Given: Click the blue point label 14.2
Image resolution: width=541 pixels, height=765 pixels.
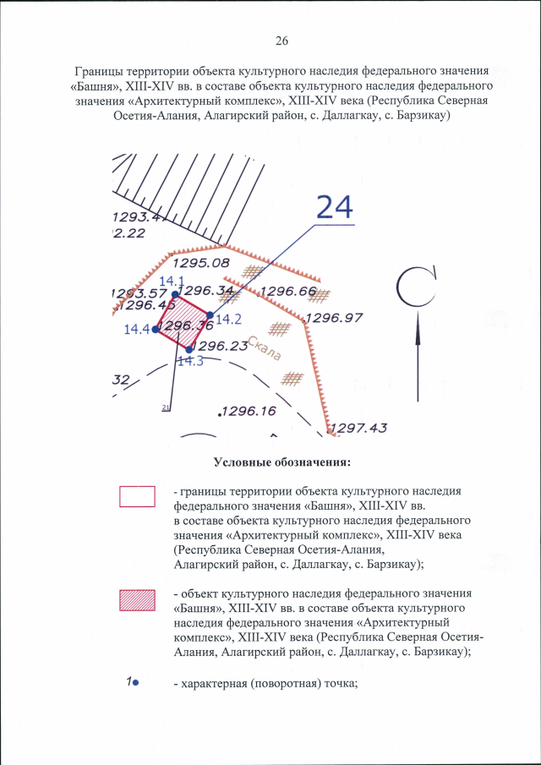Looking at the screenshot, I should (229, 320).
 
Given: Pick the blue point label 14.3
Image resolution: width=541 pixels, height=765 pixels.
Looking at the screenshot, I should (189, 361).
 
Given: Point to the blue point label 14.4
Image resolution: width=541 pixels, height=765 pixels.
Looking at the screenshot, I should (136, 330).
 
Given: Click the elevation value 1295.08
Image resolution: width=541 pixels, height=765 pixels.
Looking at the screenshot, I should (202, 264).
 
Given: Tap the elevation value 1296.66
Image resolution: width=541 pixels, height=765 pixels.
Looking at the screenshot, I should (287, 292).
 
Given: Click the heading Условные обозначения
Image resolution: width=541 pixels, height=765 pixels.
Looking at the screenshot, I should (281, 462).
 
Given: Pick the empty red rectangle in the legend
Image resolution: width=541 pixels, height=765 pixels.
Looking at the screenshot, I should (138, 495).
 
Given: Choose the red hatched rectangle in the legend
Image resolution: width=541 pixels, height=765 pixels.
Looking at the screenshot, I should (138, 598).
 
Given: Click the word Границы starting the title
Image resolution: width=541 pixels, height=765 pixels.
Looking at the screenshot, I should (100, 72).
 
